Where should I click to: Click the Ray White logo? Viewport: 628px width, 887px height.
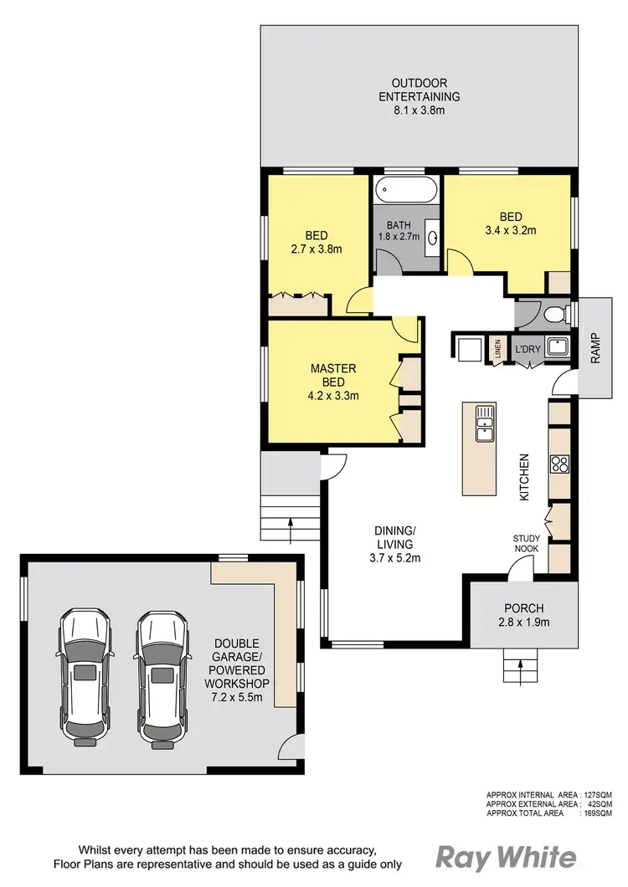(506, 857)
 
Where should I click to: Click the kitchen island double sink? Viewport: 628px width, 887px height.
(485, 423)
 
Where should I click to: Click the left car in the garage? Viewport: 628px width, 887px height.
(85, 677)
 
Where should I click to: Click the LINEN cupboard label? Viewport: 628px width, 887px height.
(497, 347)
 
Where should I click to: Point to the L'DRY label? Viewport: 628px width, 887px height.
(527, 348)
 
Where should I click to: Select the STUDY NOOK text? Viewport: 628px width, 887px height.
(527, 543)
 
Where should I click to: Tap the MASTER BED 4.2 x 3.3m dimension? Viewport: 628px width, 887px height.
(333, 396)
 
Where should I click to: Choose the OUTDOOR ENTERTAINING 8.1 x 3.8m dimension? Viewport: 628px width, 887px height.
(419, 110)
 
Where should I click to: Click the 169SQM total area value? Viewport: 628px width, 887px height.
(597, 813)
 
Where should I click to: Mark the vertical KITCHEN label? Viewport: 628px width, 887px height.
(525, 477)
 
